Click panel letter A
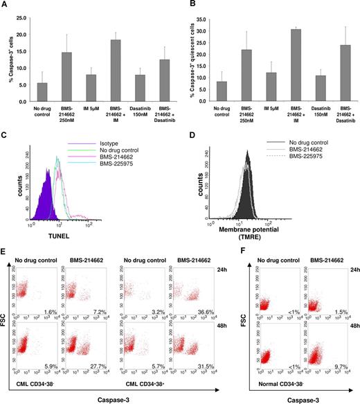(4, 5)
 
